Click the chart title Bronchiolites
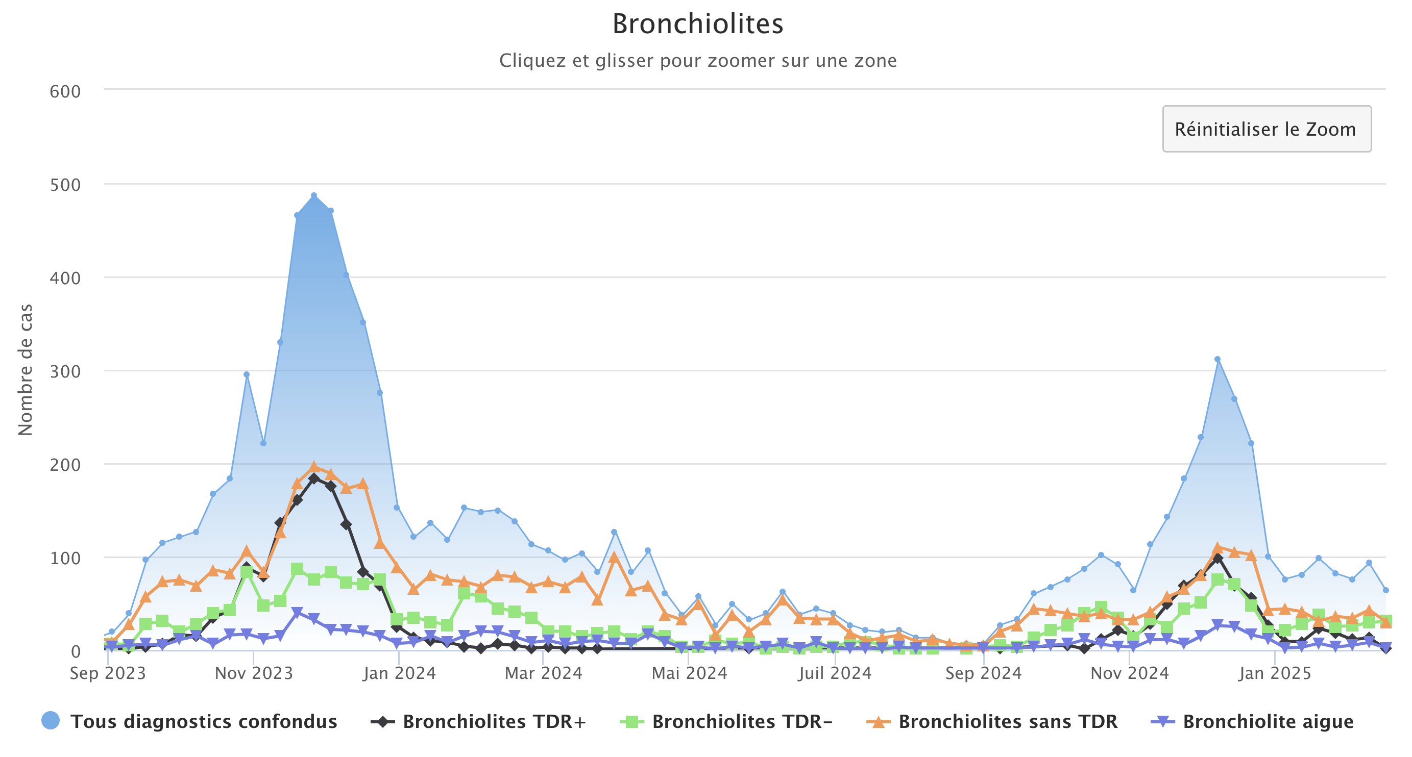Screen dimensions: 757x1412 [697, 24]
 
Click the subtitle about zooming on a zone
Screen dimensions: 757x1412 [697, 60]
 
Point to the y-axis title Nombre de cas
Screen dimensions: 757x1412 [25, 370]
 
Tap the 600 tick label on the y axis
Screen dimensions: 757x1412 [65, 91]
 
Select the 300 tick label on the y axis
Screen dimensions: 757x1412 [65, 371]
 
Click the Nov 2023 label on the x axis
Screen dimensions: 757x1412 [254, 673]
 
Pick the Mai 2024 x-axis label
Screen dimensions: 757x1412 [689, 673]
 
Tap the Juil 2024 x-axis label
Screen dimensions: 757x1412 [835, 673]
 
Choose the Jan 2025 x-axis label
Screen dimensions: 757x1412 [1274, 673]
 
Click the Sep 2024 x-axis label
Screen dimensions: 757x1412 [983, 673]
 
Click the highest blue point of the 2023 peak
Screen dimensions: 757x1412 [313, 195]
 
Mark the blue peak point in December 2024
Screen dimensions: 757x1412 [1218, 359]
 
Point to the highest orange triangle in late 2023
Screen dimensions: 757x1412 [313, 467]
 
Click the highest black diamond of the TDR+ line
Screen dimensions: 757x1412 [313, 478]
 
